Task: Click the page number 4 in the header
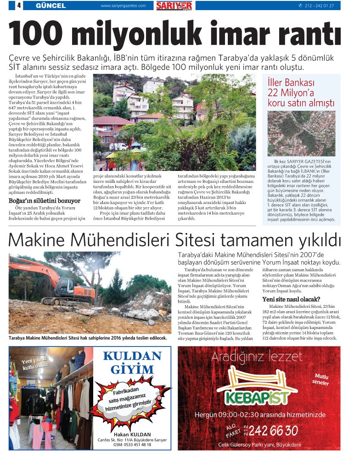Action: coord(19,6)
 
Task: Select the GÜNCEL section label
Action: coord(51,6)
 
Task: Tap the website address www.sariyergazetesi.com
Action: coord(123,6)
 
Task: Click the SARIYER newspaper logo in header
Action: coord(174,6)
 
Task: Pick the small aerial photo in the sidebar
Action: coord(301,133)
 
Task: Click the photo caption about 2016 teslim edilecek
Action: coord(88,338)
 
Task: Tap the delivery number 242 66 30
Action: coord(273,430)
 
